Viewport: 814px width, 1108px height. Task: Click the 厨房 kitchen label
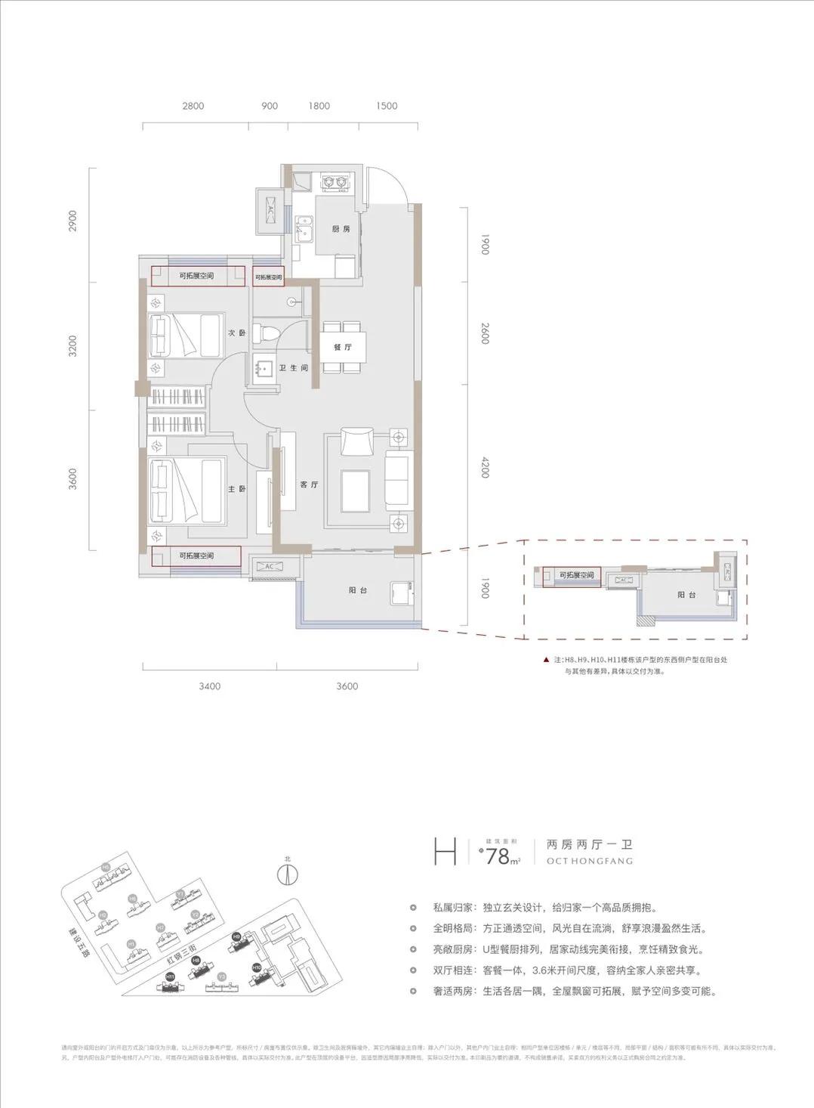[341, 229]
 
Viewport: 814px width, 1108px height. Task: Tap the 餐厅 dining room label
[343, 348]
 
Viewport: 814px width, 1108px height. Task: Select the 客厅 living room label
[309, 484]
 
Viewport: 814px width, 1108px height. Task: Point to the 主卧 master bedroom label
[237, 489]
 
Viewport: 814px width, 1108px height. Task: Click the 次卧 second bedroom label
[237, 333]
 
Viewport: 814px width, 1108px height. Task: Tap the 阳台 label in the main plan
[359, 590]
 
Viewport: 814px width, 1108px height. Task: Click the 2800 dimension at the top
[193, 107]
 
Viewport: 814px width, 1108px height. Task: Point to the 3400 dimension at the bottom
[210, 686]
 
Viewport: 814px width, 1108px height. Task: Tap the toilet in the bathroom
[267, 333]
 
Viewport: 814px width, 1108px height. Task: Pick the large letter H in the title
[445, 852]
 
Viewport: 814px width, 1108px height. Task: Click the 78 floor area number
[498, 856]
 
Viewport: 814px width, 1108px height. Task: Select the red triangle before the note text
[545, 660]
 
